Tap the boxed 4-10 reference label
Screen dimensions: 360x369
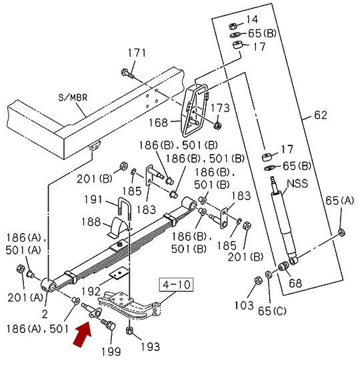[x=177, y=285]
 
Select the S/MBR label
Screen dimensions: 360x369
[x=73, y=97]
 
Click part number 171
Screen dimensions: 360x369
[x=137, y=53]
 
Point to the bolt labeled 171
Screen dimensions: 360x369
[x=128, y=73]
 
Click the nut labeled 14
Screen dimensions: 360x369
[x=233, y=26]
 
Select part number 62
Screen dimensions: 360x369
[x=321, y=115]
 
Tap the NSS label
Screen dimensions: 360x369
[x=297, y=183]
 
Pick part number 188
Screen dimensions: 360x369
[x=91, y=222]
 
